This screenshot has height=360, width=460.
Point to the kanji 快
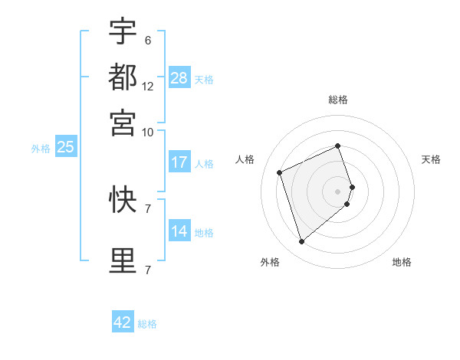(x=123, y=200)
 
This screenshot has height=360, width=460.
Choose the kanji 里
(x=123, y=261)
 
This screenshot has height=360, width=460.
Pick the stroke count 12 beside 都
(x=148, y=86)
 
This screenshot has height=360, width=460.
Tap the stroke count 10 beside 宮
(x=148, y=132)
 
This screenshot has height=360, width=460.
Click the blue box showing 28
(x=179, y=78)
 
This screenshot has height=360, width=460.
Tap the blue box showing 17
(x=179, y=162)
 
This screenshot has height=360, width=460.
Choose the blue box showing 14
(x=179, y=231)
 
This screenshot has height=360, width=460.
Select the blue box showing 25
(x=65, y=147)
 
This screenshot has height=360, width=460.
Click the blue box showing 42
(x=123, y=322)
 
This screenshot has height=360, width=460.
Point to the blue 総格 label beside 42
(x=147, y=324)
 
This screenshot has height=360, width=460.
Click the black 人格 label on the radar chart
(x=245, y=159)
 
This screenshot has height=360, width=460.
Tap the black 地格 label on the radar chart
(x=402, y=262)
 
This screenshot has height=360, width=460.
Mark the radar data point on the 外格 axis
(x=301, y=242)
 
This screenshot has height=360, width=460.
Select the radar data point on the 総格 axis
(x=337, y=146)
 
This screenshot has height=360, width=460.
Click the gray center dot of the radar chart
(x=337, y=190)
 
